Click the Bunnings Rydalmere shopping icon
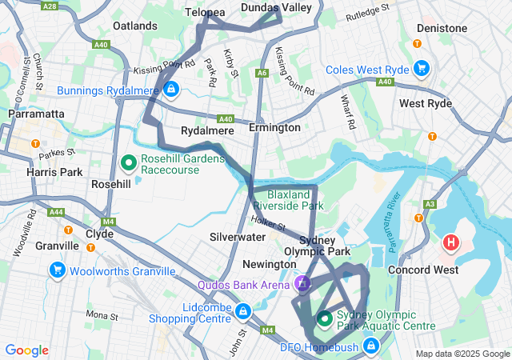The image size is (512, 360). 170,89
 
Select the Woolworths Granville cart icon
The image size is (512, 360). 57,270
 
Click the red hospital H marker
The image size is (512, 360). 451,242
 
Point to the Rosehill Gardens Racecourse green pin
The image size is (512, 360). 128,163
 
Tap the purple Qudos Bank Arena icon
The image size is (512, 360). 302,284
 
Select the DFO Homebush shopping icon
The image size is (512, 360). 371,346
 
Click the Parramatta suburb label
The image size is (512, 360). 36,114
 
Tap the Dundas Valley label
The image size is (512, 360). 276,7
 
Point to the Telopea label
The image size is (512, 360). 205,13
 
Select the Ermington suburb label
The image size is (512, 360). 274,128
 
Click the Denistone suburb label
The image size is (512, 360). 442,28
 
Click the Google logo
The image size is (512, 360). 27,350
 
